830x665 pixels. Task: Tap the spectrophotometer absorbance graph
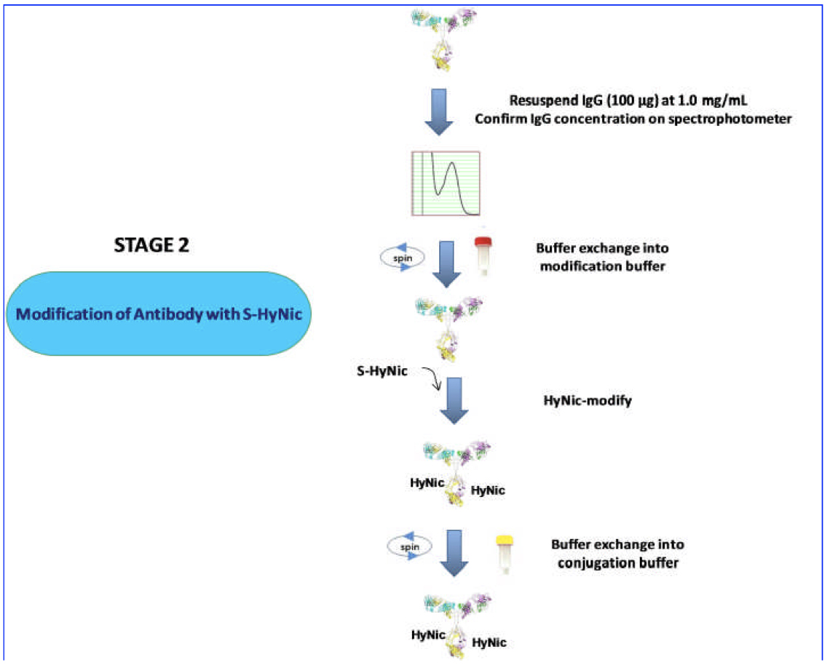pos(446,183)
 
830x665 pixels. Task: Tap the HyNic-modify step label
pos(588,399)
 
